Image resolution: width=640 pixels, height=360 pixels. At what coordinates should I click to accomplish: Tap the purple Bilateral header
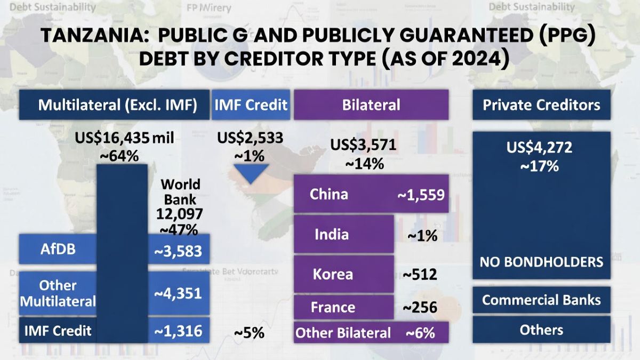[x=371, y=105]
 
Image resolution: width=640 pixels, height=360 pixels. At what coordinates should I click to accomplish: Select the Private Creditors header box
[x=541, y=105]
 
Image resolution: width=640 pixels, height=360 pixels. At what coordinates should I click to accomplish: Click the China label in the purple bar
[x=329, y=194]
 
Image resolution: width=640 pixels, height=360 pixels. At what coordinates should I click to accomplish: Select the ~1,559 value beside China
[x=420, y=195]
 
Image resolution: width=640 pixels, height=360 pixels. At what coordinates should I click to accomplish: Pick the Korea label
[x=333, y=274]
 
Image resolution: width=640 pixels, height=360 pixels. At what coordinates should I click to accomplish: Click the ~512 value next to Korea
[x=420, y=275]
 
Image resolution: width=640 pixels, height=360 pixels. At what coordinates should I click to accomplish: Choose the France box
[x=333, y=307]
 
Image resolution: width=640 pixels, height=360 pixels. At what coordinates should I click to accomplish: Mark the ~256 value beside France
[x=420, y=307]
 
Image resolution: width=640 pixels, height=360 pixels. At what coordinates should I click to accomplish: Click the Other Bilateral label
[x=343, y=333]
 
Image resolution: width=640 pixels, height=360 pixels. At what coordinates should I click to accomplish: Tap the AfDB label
[x=58, y=250]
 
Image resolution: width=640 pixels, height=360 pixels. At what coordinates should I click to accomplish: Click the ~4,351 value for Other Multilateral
[x=178, y=293]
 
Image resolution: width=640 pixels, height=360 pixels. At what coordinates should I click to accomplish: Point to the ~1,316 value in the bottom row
[x=178, y=331]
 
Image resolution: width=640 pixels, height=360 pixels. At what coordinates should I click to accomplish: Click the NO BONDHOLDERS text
[x=541, y=262]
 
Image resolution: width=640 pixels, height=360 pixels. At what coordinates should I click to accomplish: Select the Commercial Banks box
[x=541, y=300]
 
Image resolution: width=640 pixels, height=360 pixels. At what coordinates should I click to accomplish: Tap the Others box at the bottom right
[x=541, y=330]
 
